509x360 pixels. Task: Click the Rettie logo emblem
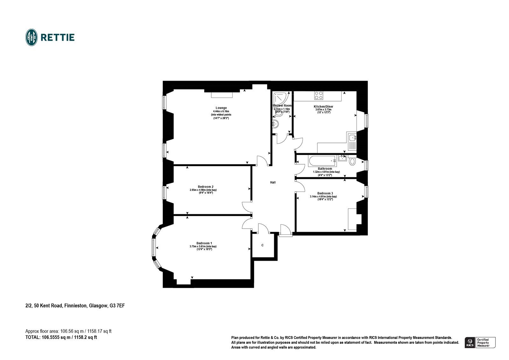(x=31, y=37)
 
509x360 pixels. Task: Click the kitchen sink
(x=352, y=138)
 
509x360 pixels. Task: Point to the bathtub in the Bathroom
(x=322, y=160)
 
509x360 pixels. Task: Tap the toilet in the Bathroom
(x=352, y=161)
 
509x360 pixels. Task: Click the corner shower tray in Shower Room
(x=280, y=97)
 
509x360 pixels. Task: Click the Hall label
(x=273, y=182)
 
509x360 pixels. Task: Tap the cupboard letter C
(x=262, y=245)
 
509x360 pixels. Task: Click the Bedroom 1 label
(x=203, y=243)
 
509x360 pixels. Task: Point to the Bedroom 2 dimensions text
(x=203, y=191)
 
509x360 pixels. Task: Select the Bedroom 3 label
(x=325, y=193)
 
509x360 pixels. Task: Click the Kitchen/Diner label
(x=324, y=106)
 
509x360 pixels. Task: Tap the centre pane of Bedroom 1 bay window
(x=153, y=248)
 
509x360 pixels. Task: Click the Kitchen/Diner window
(x=366, y=120)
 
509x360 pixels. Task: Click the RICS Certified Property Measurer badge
(x=480, y=342)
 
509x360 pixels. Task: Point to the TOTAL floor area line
(x=61, y=337)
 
